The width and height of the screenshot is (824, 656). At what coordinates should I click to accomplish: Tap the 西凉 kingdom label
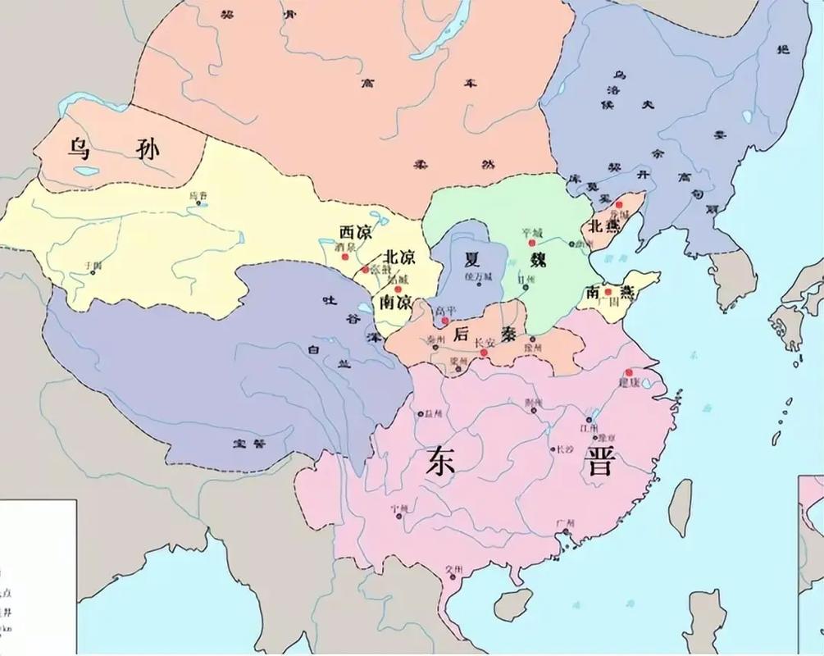(355, 231)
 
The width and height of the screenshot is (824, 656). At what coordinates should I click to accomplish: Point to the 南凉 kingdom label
(394, 301)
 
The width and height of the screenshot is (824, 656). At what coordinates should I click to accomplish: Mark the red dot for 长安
(485, 353)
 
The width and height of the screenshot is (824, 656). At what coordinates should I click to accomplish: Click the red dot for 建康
(629, 372)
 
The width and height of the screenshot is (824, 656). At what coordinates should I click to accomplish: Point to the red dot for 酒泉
(341, 257)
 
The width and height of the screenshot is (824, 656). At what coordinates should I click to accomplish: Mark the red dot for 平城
(531, 244)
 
